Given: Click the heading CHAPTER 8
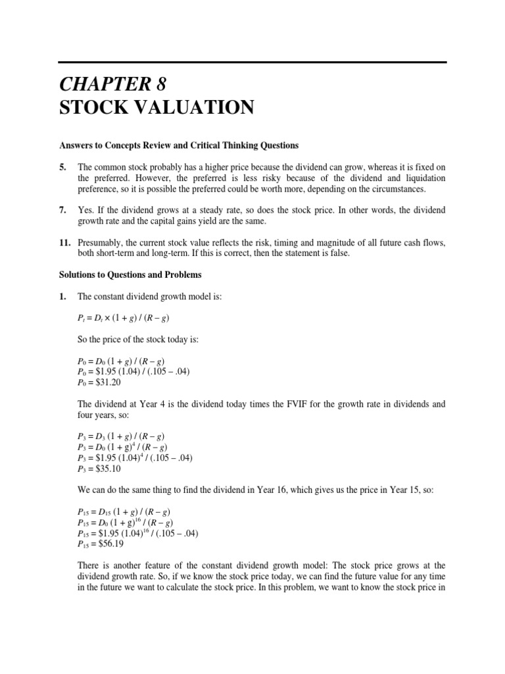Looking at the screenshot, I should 122,84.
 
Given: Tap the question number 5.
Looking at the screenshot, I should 62,167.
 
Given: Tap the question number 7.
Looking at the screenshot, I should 62,210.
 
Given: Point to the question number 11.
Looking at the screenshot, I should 64,242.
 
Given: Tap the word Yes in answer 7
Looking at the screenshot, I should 85,210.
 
